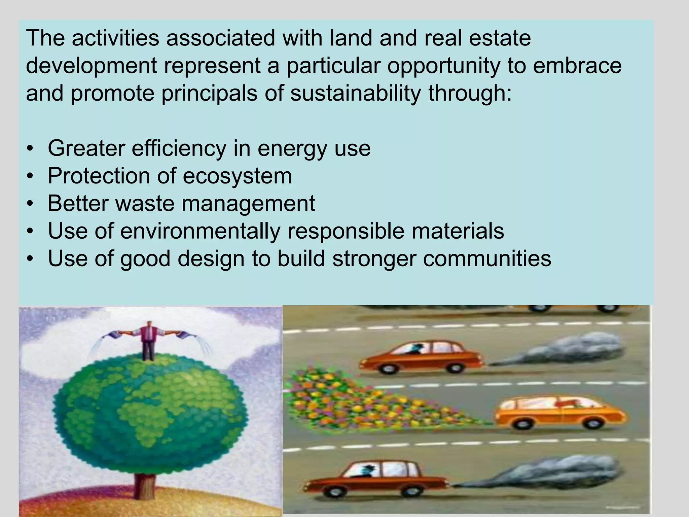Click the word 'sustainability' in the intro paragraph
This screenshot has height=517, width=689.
click(x=355, y=93)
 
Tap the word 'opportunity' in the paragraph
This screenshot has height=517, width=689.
click(x=443, y=66)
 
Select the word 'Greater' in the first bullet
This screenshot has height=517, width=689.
click(x=86, y=148)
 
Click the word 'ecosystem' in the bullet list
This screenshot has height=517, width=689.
click(x=237, y=176)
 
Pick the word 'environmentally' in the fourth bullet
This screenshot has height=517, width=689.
click(x=200, y=231)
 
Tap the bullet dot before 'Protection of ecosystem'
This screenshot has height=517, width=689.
click(x=30, y=176)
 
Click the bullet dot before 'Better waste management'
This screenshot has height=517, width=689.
click(x=30, y=204)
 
